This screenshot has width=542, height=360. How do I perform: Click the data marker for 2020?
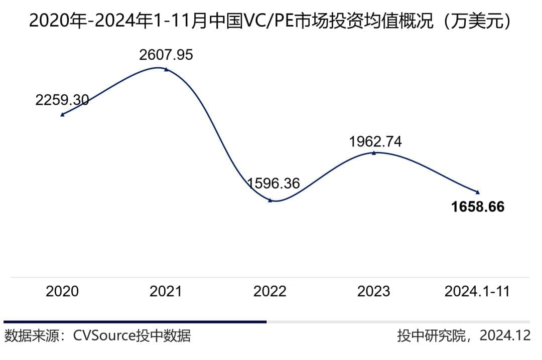click(62, 115)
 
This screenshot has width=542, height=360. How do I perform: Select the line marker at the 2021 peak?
click(166, 70)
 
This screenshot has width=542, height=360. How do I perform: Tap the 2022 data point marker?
click(270, 201)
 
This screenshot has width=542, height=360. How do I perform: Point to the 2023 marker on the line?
click(374, 153)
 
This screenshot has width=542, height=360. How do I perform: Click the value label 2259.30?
click(62, 100)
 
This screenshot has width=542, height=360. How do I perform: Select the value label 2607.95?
click(166, 55)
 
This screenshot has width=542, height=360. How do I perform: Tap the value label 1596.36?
click(274, 184)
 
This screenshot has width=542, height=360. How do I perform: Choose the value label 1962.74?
click(375, 142)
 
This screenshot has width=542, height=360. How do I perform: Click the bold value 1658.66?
click(477, 207)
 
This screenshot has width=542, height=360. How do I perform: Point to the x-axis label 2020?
click(62, 291)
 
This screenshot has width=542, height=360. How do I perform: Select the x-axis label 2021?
click(166, 291)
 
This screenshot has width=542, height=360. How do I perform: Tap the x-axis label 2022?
click(270, 291)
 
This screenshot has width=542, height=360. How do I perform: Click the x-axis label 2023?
click(374, 291)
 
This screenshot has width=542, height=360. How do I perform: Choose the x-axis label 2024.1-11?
click(477, 291)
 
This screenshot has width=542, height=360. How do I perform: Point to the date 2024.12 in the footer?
click(505, 335)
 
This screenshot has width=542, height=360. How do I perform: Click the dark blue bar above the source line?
click(135, 322)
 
